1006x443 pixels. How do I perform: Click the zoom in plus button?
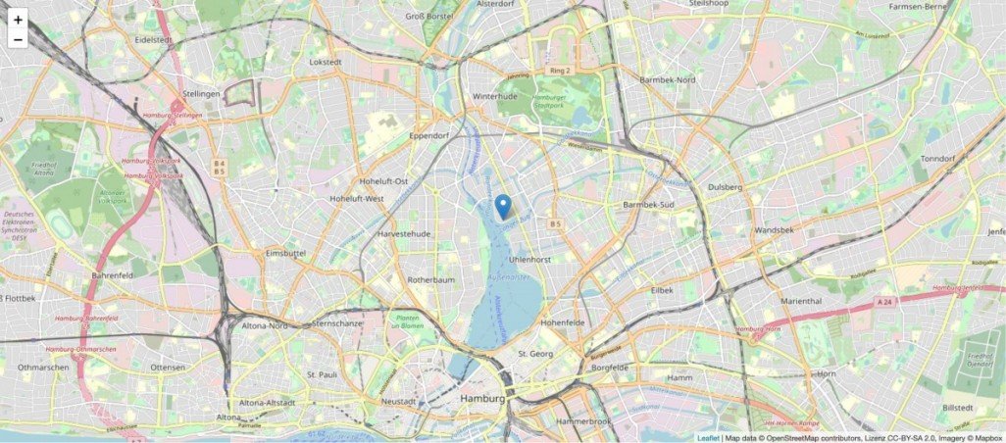pos(18,20)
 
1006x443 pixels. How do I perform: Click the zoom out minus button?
pos(18,40)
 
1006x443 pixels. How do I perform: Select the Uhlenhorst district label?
pos(530,259)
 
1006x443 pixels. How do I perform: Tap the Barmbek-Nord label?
pos(667,78)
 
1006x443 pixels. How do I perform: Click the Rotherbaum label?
pos(432,279)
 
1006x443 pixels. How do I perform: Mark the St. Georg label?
pos(536,353)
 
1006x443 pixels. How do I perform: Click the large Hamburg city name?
pos(485,400)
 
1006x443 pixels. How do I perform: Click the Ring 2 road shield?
pos(560,71)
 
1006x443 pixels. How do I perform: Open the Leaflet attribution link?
pos(707,437)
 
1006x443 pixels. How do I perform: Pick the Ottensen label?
pos(167,368)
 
